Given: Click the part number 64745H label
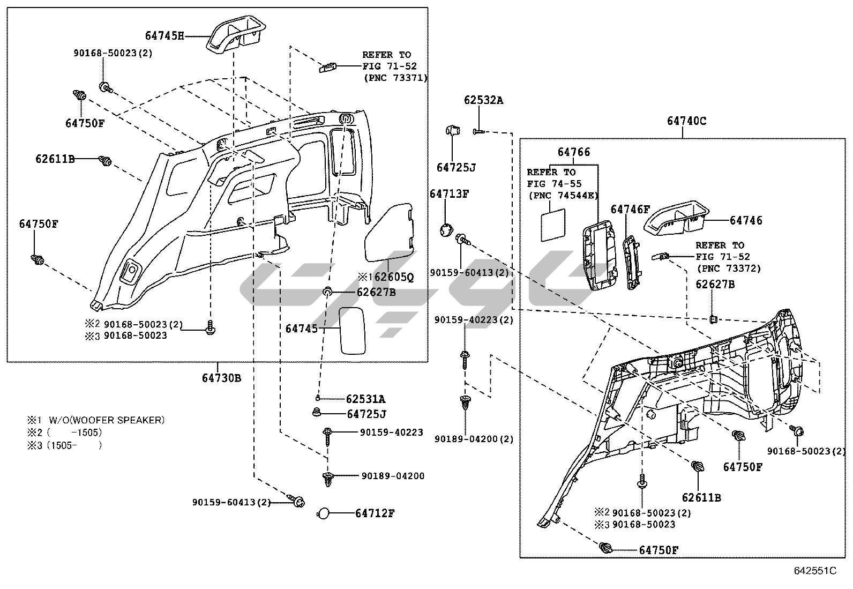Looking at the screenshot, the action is (x=164, y=36).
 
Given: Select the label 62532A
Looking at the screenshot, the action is (x=483, y=100).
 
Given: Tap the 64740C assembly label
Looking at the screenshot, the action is (x=686, y=121).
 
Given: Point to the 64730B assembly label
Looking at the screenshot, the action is (x=221, y=378).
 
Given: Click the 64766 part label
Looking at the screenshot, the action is (x=574, y=152).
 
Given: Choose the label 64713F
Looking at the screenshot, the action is (x=450, y=194).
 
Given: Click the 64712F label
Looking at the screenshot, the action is (x=375, y=513).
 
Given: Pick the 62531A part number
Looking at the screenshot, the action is (x=365, y=399).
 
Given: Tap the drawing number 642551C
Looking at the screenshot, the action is (x=815, y=571).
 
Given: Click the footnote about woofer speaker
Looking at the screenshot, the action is (x=96, y=420).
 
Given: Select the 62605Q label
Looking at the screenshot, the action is (x=393, y=277).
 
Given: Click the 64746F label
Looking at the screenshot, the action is (x=630, y=210).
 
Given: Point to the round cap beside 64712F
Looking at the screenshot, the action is (x=323, y=514).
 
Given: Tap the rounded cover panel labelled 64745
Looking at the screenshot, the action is (x=352, y=331).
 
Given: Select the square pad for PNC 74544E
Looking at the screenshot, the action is (x=553, y=225).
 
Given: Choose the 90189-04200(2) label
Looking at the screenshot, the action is (x=474, y=439).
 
